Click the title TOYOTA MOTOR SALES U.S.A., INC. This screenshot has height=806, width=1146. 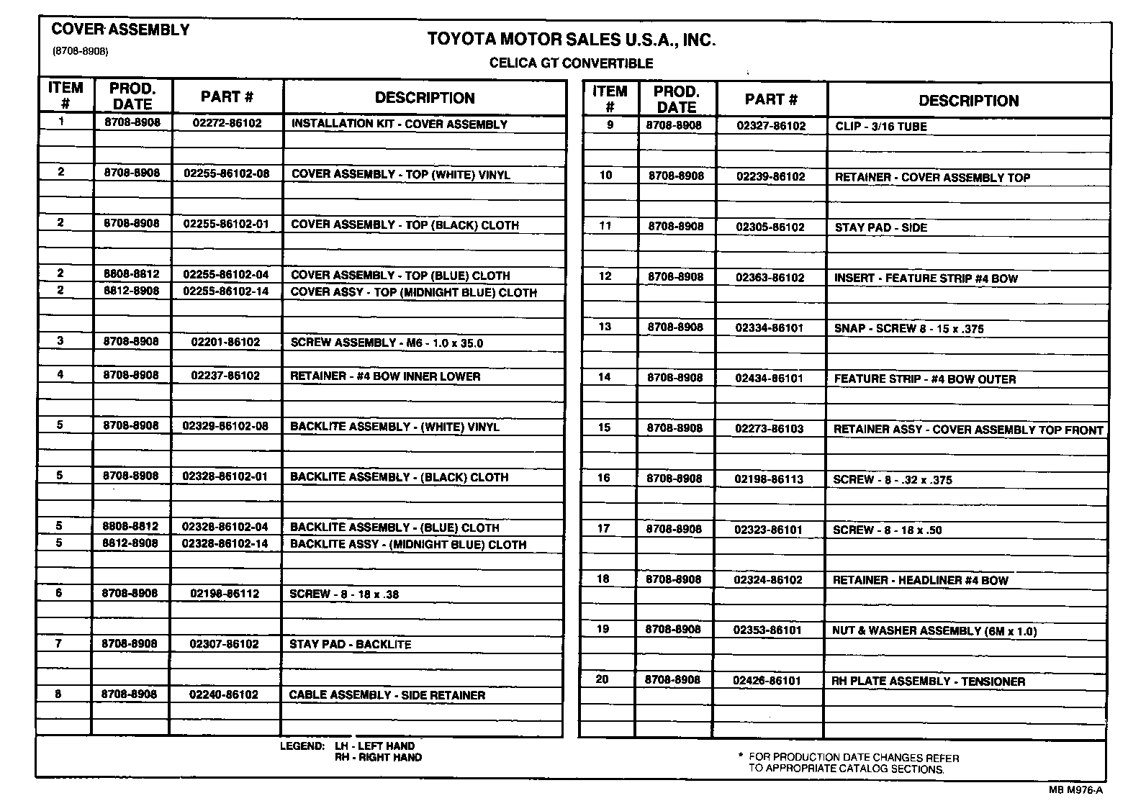pyautogui.click(x=572, y=40)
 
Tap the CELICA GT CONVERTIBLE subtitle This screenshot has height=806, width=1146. pyautogui.click(x=571, y=63)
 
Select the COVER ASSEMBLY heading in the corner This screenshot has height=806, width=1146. pyautogui.click(x=120, y=30)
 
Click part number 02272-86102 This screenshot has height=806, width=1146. pyautogui.click(x=227, y=123)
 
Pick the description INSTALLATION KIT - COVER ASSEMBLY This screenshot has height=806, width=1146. pyautogui.click(x=399, y=124)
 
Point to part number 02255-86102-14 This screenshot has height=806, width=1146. pyautogui.click(x=226, y=291)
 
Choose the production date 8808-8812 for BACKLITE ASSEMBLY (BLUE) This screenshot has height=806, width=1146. pyautogui.click(x=130, y=526)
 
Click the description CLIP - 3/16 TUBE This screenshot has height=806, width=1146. pyautogui.click(x=880, y=127)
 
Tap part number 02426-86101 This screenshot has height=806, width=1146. pyautogui.click(x=767, y=680)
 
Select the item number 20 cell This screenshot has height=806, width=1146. pyautogui.click(x=603, y=679)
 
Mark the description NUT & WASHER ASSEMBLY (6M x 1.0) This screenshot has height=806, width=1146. pyautogui.click(x=934, y=631)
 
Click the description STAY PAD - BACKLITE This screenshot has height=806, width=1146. pyautogui.click(x=350, y=644)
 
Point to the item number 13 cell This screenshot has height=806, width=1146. pyautogui.click(x=605, y=327)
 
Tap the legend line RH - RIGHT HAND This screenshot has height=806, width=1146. pyautogui.click(x=378, y=758)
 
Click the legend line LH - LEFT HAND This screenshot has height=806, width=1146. pyautogui.click(x=374, y=746)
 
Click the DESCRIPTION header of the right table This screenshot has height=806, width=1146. pyautogui.click(x=968, y=101)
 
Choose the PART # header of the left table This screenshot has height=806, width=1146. pyautogui.click(x=227, y=97)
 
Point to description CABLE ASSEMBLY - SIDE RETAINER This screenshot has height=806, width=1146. pyautogui.click(x=387, y=695)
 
